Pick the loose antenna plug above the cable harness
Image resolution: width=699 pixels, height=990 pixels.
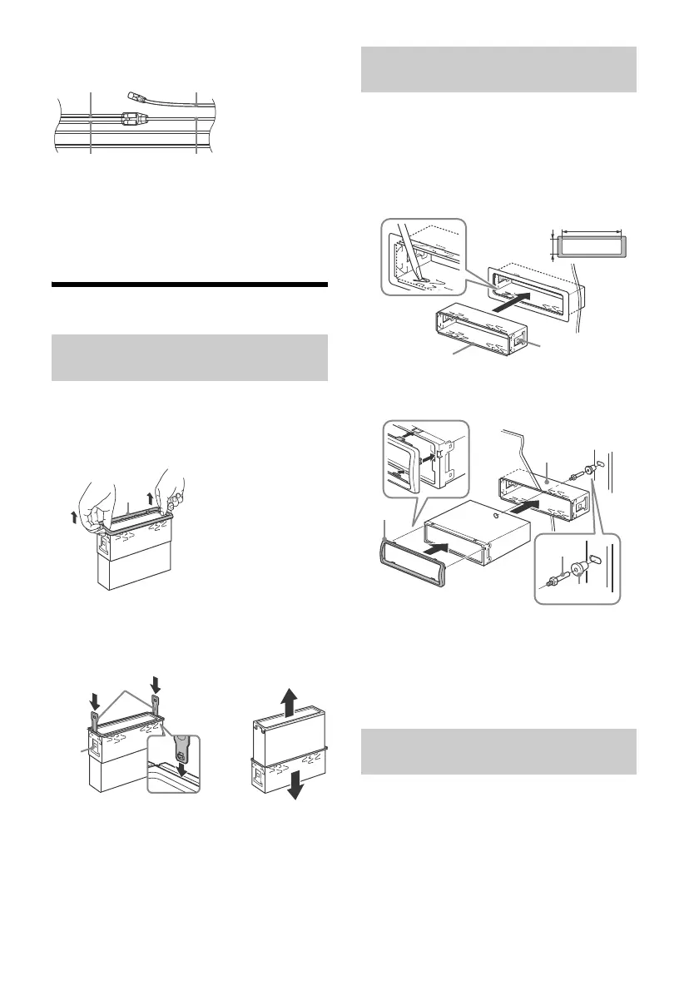coord(136,97)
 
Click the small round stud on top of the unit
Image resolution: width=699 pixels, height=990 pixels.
coord(496,519)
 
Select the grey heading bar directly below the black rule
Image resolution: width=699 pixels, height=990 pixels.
coord(190,358)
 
